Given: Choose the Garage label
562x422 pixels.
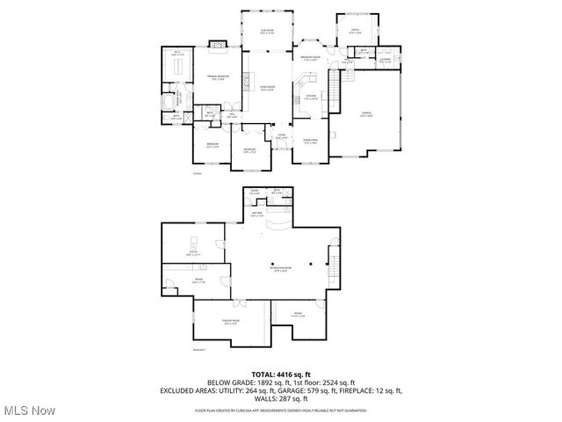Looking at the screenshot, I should coord(366,113).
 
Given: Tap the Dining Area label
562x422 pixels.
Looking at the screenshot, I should coord(309,142).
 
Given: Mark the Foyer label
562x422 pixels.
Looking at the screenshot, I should coord(281,136).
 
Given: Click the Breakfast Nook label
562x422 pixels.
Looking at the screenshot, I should coord(310,58).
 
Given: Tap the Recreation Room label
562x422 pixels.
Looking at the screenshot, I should coord(281,270).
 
